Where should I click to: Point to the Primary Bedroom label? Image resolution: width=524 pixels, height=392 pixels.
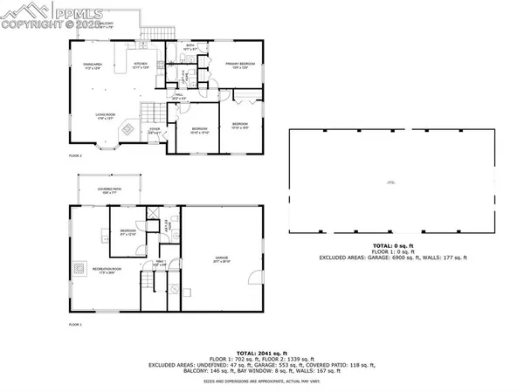pos(238,65)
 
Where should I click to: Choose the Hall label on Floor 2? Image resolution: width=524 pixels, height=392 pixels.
pos(179,98)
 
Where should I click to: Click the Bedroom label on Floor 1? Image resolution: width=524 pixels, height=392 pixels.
pos(128,232)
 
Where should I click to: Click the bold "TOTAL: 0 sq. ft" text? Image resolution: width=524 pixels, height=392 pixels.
pos(394,247)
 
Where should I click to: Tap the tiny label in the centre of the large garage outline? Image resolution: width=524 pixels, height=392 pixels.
pos(392,182)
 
